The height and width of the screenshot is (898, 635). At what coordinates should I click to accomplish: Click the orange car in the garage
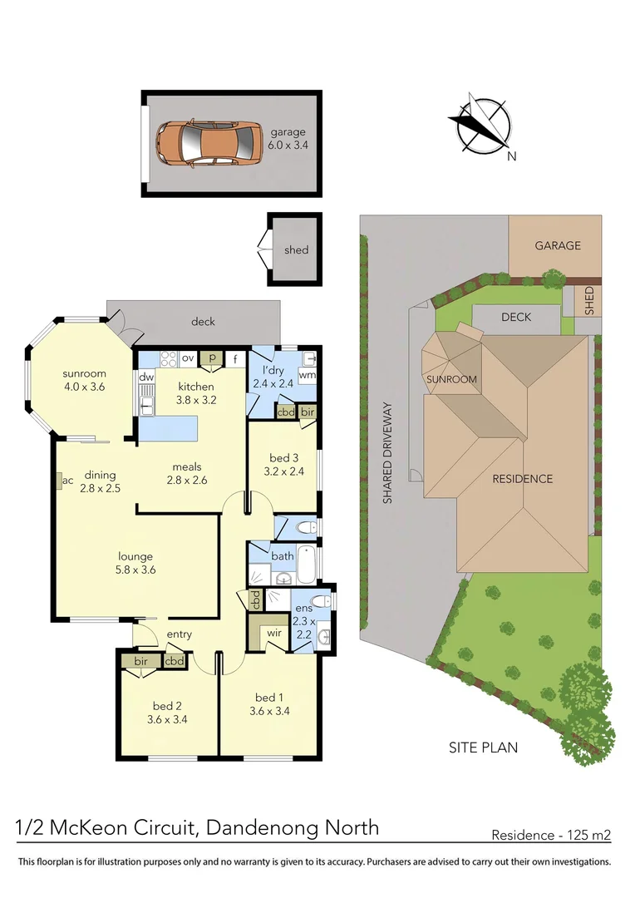coord(209,143)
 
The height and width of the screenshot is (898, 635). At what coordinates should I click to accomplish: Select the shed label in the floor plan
coord(296,249)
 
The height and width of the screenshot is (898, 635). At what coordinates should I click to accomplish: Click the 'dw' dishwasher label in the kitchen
coord(146,377)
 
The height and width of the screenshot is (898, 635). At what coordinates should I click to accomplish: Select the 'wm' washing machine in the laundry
coord(307,375)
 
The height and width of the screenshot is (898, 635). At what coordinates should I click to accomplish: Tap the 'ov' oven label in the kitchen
coord(188,358)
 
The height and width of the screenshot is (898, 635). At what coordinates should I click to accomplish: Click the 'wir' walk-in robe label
coord(273,634)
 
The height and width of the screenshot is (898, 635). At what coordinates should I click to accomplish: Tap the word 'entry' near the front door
coord(179,634)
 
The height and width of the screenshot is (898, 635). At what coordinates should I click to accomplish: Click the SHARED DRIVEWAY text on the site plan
coord(386,453)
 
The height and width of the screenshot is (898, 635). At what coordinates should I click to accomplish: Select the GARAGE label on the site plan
coord(557,245)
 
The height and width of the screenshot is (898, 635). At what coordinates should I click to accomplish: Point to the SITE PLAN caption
coord(483,748)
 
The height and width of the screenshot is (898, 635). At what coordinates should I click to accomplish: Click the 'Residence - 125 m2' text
coord(551,835)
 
